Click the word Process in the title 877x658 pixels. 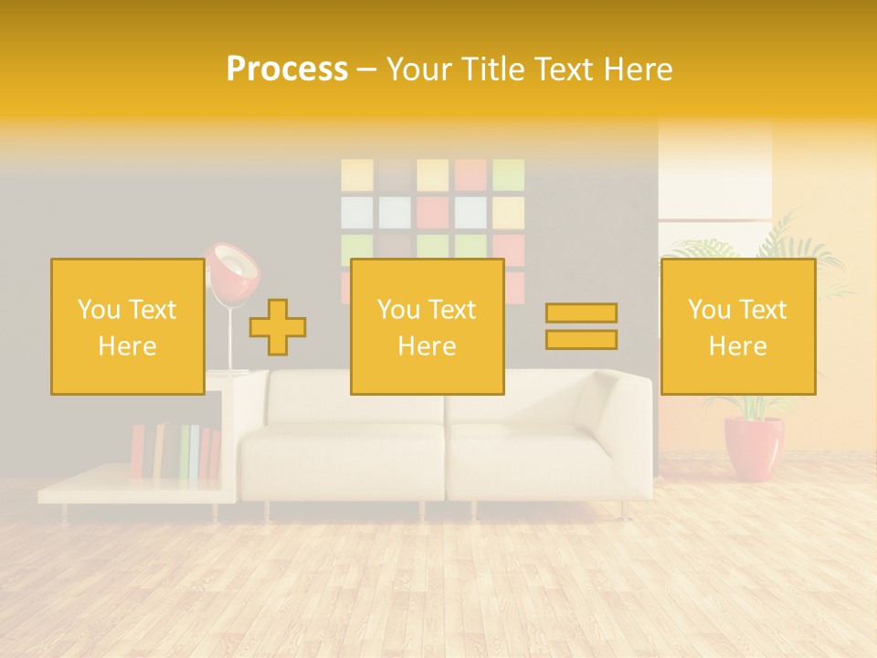click(287, 69)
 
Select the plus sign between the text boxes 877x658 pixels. click(278, 327)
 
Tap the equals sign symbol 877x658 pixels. click(581, 326)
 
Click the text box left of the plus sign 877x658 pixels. click(128, 327)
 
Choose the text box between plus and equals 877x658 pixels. click(427, 327)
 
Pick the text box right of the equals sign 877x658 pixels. click(737, 327)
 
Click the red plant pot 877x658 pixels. click(754, 448)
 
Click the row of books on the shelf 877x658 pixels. click(175, 451)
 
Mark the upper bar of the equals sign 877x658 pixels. click(581, 313)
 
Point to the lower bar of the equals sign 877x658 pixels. click(581, 340)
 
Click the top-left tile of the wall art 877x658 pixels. click(357, 175)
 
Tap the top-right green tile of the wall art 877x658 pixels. click(508, 175)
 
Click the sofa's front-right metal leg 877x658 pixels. click(624, 510)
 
